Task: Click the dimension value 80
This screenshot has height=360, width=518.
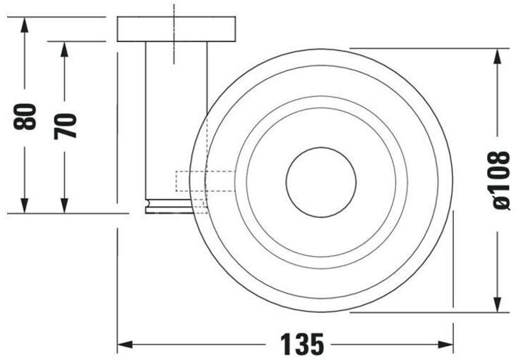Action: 25,116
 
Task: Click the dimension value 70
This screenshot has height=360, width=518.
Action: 65,126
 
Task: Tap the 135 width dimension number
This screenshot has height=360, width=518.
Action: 302,344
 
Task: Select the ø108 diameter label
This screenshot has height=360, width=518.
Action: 501,180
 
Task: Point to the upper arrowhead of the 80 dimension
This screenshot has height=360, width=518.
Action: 24,25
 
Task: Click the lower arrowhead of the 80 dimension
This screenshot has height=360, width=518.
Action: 24,205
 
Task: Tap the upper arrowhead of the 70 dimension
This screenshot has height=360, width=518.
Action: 65,49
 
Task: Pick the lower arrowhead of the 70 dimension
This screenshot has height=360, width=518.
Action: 65,205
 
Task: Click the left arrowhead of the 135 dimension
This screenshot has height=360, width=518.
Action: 125,345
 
